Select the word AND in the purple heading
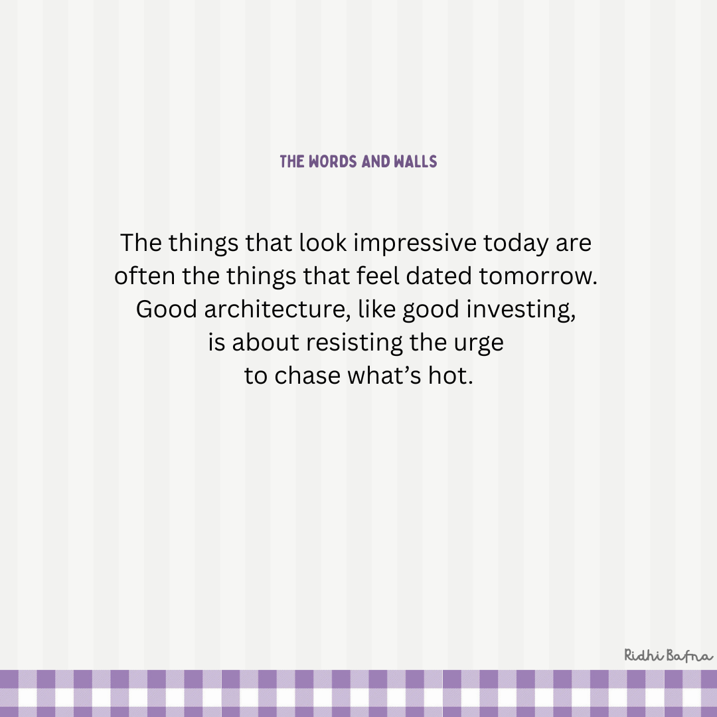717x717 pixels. (x=375, y=161)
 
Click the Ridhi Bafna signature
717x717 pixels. (x=669, y=655)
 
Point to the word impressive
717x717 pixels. (x=415, y=243)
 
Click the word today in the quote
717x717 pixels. (x=515, y=244)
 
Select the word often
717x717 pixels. (x=145, y=276)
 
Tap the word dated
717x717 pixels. (x=439, y=276)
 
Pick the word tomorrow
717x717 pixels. (x=538, y=277)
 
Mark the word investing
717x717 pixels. (x=521, y=310)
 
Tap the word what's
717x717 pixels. (x=384, y=375)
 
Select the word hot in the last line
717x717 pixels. (x=450, y=375)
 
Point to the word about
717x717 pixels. (x=265, y=343)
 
